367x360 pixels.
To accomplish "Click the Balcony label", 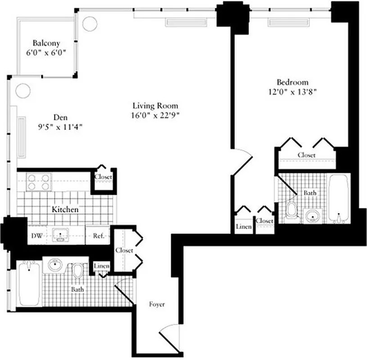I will coord(46,43).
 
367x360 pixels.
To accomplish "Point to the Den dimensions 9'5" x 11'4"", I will coord(61,127).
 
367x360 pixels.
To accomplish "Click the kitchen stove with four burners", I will coord(38,182).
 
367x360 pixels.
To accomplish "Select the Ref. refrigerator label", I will coord(99,235).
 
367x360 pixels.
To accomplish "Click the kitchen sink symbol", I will coord(60,234).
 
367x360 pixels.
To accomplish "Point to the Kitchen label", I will coord(65,210).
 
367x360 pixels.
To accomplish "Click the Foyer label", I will coord(157,305).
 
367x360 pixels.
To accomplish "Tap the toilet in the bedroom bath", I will coord(291,210).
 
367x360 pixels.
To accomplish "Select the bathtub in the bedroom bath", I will coord(338,198).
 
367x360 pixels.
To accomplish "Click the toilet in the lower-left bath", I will coord(78,271).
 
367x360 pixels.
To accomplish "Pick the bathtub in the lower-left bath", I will coord(30,283).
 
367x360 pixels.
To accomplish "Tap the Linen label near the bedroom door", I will coord(244,227).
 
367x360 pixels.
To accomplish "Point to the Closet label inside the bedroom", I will coord(306,155).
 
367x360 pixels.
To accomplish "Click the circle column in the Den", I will coord(23,90).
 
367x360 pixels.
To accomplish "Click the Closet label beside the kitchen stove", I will coord(103,177).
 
